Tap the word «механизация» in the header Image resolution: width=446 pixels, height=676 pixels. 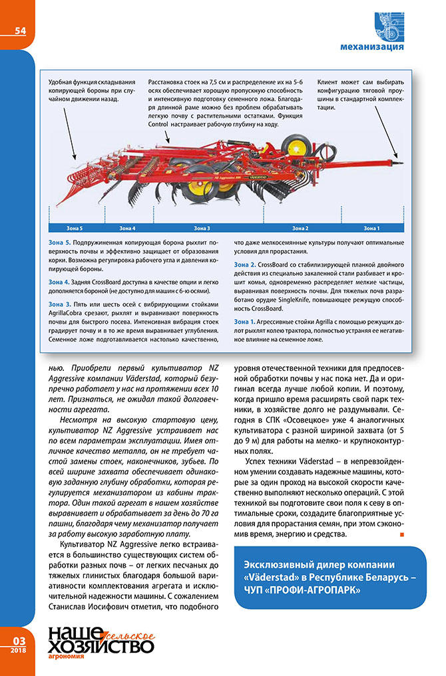[x=371, y=48]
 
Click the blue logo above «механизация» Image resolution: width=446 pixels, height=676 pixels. [x=387, y=26]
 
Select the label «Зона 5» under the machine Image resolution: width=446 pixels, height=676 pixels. [x=75, y=228]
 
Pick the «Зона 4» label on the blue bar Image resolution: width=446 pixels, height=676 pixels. [x=127, y=228]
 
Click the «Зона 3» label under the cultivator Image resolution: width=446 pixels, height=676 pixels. [x=202, y=228]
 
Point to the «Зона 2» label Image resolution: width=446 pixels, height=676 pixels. [x=300, y=228]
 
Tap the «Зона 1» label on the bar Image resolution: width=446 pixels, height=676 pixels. [x=372, y=228]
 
